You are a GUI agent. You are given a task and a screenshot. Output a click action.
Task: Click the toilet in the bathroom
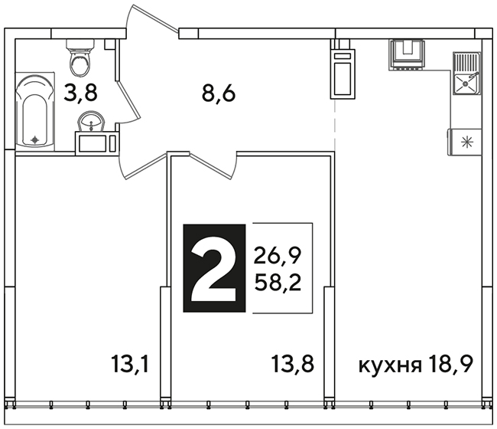tap(80, 57)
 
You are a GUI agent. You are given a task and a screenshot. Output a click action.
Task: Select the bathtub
tap(35, 111)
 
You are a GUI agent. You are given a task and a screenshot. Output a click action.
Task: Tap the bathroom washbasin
tap(91, 121)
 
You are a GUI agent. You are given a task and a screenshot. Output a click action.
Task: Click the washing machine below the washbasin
tap(97, 143)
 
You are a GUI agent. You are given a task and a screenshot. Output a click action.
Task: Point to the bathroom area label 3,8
tap(80, 93)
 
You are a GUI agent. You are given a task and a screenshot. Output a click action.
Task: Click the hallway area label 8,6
tap(219, 93)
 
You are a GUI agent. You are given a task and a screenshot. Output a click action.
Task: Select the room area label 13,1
tap(130, 364)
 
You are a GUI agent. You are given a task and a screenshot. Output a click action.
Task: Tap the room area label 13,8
tap(293, 364)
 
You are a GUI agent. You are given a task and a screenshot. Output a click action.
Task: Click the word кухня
tap(390, 365)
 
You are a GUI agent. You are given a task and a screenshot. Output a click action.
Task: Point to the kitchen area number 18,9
tap(450, 365)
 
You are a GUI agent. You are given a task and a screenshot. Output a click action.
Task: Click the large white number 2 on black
tap(214, 268)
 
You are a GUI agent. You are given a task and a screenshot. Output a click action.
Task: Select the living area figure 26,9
tap(277, 256)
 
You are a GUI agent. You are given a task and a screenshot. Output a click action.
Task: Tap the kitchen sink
tap(466, 74)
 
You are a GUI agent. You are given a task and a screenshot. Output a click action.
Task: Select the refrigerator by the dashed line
tap(343, 74)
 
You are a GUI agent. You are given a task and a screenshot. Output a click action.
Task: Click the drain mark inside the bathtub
tap(34, 139)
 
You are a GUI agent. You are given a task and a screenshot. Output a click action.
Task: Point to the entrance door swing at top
tap(152, 18)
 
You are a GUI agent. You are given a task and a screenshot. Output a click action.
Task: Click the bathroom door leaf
tap(128, 99)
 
